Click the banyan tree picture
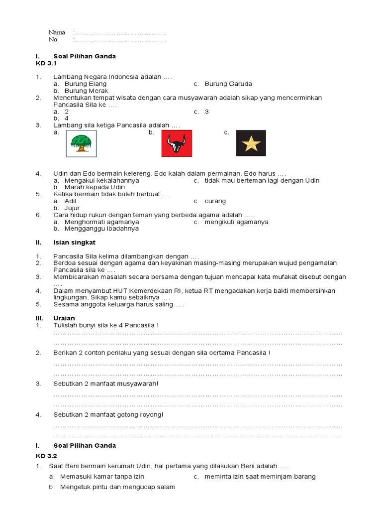(82, 143)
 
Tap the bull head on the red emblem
(176, 144)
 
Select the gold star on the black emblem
(251, 143)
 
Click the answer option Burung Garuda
(228, 84)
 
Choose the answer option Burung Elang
(86, 84)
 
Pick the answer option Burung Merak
(86, 91)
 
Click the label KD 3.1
(46, 64)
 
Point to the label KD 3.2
(46, 456)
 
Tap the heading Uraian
(64, 318)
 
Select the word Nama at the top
(57, 32)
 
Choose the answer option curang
(215, 201)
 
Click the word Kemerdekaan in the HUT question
(161, 290)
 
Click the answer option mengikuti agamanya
(236, 222)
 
